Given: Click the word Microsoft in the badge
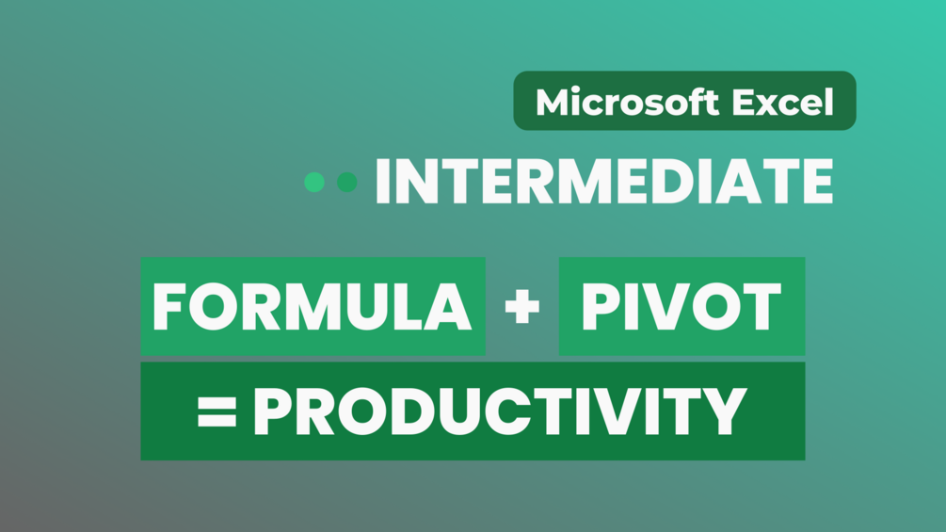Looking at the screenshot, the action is pyautogui.click(x=628, y=102).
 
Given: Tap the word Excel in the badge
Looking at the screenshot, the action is pyautogui.click(x=782, y=102).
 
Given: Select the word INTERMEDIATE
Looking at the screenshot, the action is pyautogui.click(x=604, y=182).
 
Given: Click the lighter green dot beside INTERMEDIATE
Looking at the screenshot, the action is pyautogui.click(x=314, y=182).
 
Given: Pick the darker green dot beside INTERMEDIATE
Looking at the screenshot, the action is pyautogui.click(x=347, y=182).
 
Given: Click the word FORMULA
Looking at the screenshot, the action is pyautogui.click(x=312, y=306).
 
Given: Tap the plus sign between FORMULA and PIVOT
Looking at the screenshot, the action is pyautogui.click(x=521, y=306).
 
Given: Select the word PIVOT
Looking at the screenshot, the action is pyautogui.click(x=681, y=306).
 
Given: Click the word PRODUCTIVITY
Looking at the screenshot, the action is pyautogui.click(x=500, y=411).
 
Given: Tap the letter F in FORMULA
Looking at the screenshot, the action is pyautogui.click(x=168, y=306).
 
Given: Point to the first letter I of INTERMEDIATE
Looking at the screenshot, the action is pyautogui.click(x=382, y=182).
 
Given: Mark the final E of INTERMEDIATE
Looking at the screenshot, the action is pyautogui.click(x=817, y=182).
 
